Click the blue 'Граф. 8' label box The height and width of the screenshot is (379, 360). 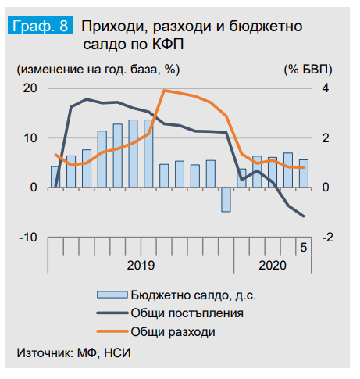pyautogui.click(x=40, y=26)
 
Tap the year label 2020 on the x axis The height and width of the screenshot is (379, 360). pyautogui.click(x=273, y=264)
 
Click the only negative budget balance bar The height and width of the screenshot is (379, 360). pyautogui.click(x=226, y=199)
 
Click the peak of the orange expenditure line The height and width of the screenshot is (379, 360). pyautogui.click(x=163, y=91)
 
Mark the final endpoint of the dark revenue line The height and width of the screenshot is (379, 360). pyautogui.click(x=304, y=216)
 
